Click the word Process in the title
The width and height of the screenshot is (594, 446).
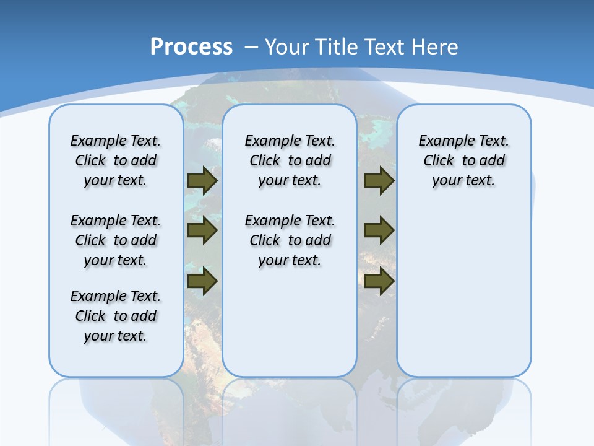coord(191,47)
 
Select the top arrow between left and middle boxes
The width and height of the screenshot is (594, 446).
coord(202,180)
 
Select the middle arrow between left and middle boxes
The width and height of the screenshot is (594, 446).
coord(202,230)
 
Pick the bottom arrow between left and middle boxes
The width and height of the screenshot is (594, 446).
coord(202,281)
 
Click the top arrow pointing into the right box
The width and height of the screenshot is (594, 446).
coord(379,180)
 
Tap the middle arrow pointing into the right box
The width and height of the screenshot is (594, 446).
coord(379,230)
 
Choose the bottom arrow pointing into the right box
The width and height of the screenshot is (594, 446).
coord(379,281)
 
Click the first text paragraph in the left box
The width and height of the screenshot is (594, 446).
coord(116,160)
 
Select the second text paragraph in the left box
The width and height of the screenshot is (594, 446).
coord(116,240)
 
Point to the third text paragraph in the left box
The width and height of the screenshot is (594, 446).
coord(116,316)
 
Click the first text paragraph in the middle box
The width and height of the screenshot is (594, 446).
coord(290,160)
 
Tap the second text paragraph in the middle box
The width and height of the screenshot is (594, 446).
coord(290,240)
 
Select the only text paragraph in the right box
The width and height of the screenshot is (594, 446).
coord(464,160)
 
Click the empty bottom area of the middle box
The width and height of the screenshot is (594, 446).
coord(290,328)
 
